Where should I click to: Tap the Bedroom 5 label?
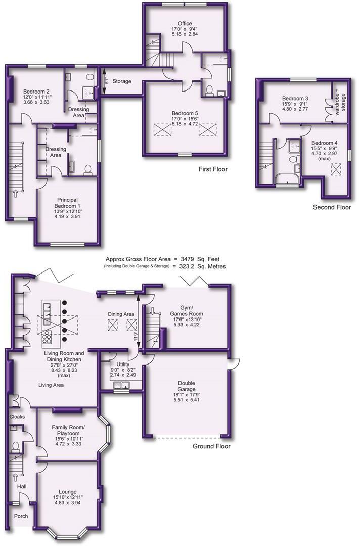(185, 114)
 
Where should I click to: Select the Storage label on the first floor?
(122, 81)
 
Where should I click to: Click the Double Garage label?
(187, 386)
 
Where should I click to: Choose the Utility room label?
(123, 364)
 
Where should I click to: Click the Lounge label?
(68, 492)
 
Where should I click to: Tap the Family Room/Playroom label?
(68, 430)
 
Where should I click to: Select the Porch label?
(21, 516)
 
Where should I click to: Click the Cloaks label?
(17, 417)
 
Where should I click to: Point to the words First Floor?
(213, 169)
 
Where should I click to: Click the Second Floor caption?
(332, 208)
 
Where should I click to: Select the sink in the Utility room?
(121, 385)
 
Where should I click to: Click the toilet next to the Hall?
(15, 447)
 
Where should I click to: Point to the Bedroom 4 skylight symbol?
(336, 170)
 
